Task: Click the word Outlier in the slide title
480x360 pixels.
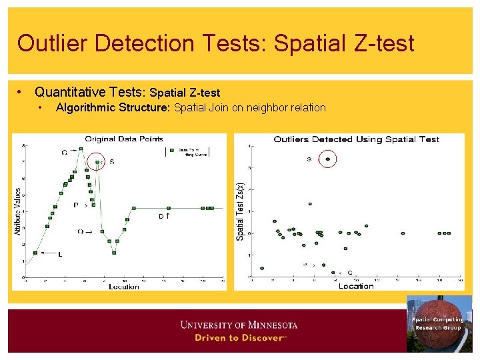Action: tap(53, 43)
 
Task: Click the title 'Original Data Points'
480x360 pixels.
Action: tap(124, 139)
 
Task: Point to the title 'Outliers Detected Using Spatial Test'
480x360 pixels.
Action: tap(356, 139)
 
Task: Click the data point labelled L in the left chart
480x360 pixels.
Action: tap(35, 253)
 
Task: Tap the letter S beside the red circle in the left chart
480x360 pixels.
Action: tap(111, 161)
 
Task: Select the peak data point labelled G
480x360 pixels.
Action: tap(81, 149)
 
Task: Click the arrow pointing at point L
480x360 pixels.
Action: tap(48, 253)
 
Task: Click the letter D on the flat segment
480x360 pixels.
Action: tap(161, 216)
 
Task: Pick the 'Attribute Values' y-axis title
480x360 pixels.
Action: tap(18, 211)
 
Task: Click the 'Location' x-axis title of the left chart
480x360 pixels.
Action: tap(124, 287)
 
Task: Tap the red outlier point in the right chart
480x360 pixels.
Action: tap(328, 159)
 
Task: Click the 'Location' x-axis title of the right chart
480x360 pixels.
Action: tap(356, 286)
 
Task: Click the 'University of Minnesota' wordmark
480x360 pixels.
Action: tap(239, 325)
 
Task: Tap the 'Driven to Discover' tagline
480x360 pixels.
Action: tap(239, 337)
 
